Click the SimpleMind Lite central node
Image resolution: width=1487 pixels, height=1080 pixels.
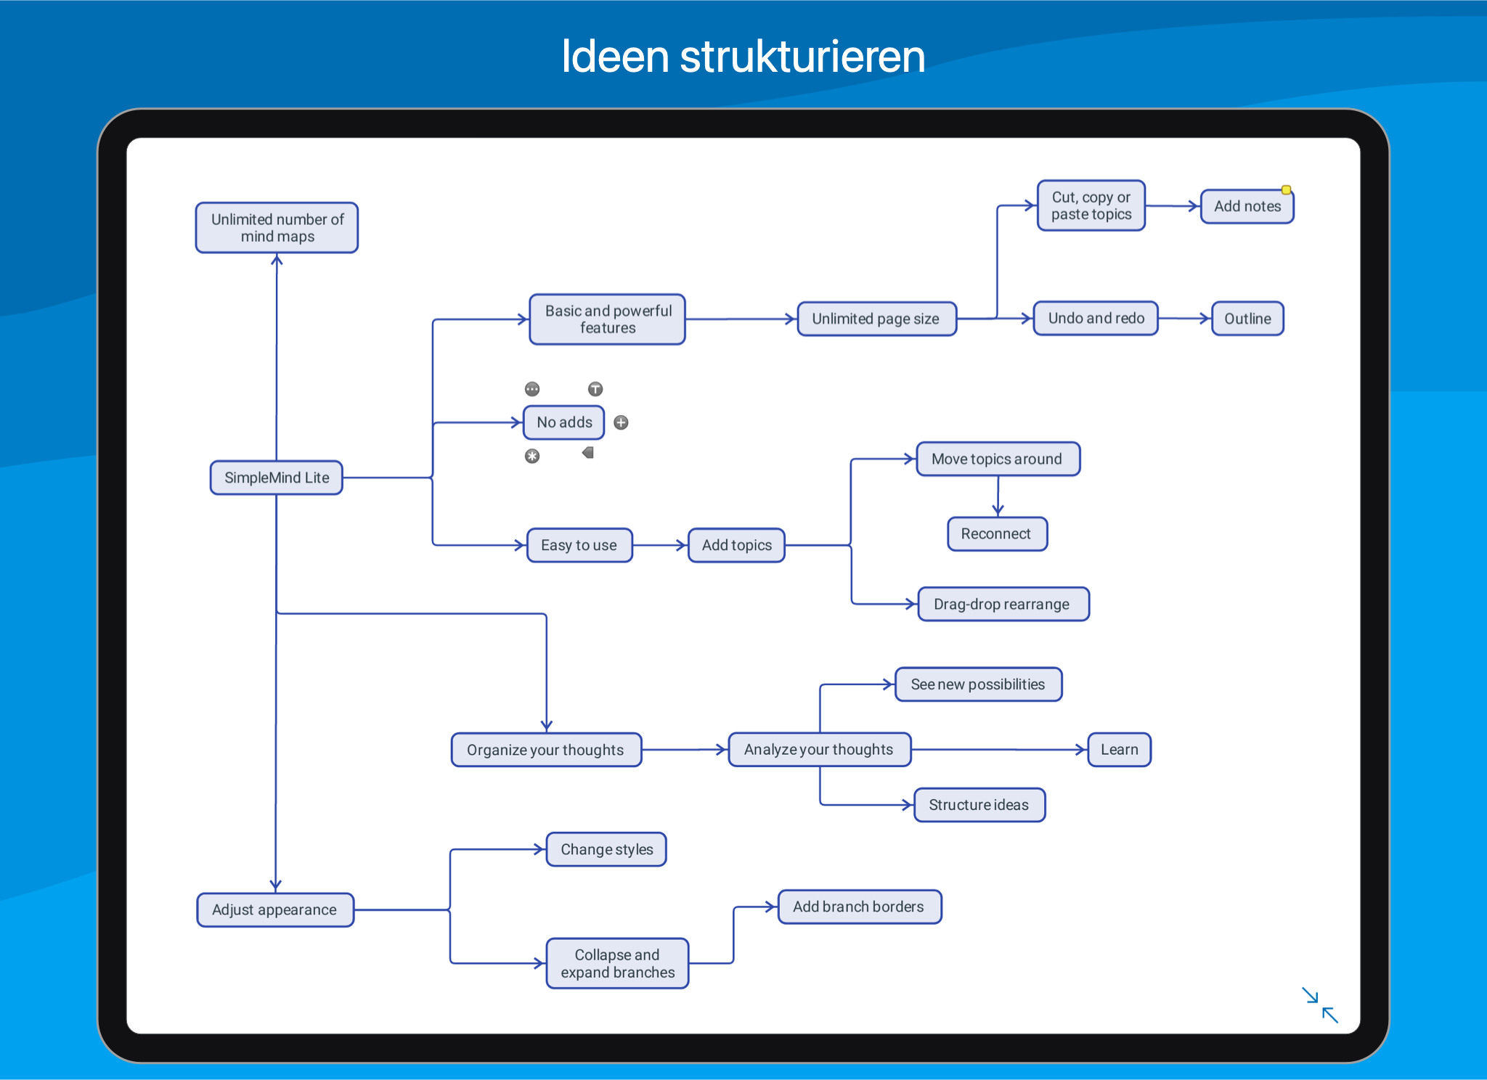click(276, 478)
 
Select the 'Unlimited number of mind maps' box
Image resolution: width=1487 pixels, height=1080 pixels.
click(277, 228)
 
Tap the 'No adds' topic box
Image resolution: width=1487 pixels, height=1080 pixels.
click(564, 422)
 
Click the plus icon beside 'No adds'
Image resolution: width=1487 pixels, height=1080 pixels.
click(621, 422)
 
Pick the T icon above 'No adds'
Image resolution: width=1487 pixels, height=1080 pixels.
click(595, 389)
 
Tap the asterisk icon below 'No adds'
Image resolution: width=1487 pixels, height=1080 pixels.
click(532, 456)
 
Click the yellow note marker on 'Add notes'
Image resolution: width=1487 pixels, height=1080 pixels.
click(1286, 190)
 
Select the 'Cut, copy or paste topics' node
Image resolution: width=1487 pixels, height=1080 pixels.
click(1091, 205)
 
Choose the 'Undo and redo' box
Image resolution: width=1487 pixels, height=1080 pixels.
click(1096, 318)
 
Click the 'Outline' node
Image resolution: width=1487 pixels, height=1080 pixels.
click(1247, 319)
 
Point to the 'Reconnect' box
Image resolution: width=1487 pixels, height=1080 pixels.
click(997, 533)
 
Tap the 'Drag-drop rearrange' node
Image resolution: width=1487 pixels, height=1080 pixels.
click(1003, 604)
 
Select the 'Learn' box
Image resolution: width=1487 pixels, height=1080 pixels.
click(1119, 750)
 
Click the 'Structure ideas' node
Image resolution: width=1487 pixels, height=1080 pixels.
click(979, 805)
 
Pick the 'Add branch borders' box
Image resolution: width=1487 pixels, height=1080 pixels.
click(860, 907)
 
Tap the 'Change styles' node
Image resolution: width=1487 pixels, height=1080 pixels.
click(606, 849)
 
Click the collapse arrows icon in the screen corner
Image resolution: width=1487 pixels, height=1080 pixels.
click(1320, 1005)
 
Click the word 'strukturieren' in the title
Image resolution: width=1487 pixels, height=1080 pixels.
click(802, 57)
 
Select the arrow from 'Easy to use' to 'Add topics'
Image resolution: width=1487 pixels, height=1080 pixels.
click(660, 545)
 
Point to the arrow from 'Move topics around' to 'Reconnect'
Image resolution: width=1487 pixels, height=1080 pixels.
click(998, 496)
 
